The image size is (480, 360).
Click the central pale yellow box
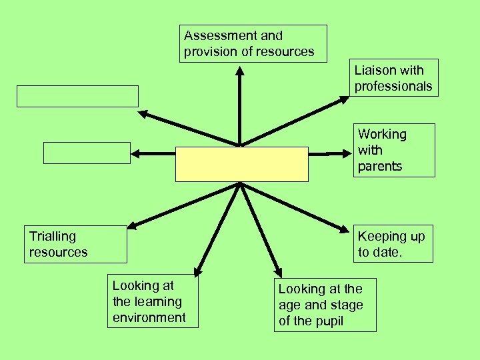point(241,164)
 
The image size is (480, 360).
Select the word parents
point(380,167)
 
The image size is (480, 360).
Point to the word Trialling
point(53,236)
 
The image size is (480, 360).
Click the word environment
point(149,317)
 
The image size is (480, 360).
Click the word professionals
point(393,86)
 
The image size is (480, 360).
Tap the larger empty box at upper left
point(77,96)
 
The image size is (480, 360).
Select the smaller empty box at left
point(87,153)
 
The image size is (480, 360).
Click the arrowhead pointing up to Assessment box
point(239,69)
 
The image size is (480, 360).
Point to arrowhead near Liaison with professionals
point(343,100)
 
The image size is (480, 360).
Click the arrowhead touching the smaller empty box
point(136,153)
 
